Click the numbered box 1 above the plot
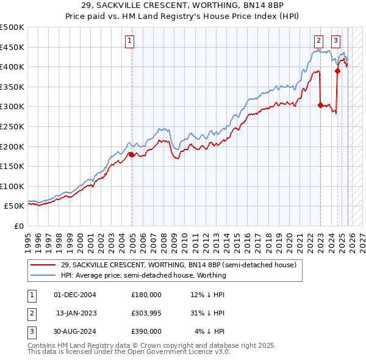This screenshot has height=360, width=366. (131, 41)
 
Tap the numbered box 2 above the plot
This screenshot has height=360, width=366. (318, 41)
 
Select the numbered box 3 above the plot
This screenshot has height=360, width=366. (335, 41)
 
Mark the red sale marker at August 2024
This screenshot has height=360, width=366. (338, 71)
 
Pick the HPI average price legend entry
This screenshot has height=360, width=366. (143, 275)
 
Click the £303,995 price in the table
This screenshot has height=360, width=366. (146, 313)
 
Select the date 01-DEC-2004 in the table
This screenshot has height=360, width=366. (75, 295)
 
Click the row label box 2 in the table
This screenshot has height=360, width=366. (30, 313)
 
